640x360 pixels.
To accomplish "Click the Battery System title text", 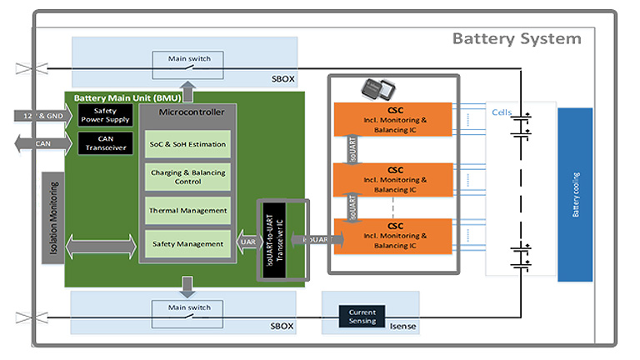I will tap(517, 38).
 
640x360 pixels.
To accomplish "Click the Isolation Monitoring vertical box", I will tap(52, 218).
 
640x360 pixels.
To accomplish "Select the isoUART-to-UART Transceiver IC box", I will tap(273, 238).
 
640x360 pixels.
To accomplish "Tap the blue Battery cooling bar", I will tap(575, 194).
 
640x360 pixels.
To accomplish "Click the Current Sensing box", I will tap(362, 316).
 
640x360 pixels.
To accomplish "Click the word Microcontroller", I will tap(186, 111).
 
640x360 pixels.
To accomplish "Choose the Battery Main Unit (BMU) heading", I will tap(122, 98).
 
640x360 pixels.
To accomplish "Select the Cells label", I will tap(501, 112).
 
